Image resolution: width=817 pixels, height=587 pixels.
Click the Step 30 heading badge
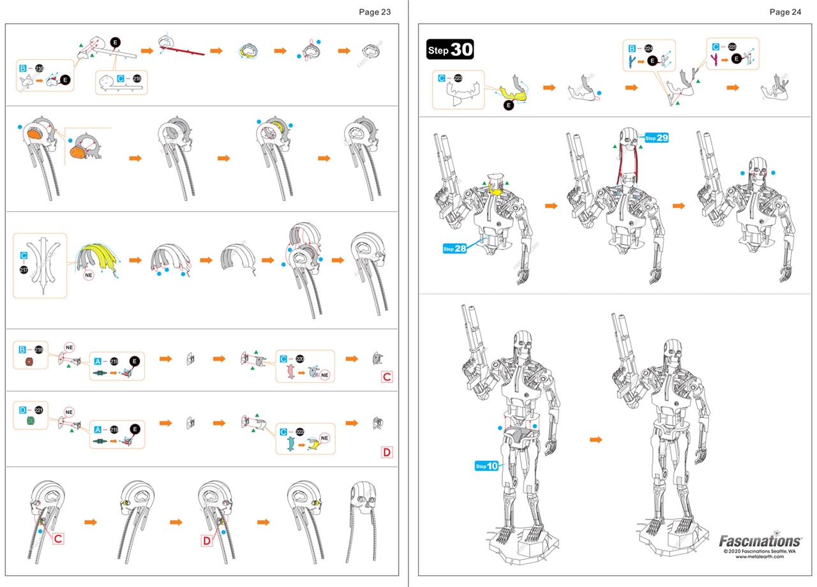click(450, 50)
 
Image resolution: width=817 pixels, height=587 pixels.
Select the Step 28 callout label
click(454, 248)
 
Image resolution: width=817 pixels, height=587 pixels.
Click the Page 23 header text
click(375, 11)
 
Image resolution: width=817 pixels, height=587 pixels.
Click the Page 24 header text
click(785, 11)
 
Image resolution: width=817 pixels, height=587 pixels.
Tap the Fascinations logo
click(760, 541)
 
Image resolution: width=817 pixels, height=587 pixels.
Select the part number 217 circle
click(24, 271)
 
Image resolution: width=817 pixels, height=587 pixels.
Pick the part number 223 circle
click(458, 78)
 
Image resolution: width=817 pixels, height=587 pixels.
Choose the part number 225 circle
click(732, 47)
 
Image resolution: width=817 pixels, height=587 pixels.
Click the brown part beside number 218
click(29, 362)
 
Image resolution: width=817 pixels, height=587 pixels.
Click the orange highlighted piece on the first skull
click(36, 135)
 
